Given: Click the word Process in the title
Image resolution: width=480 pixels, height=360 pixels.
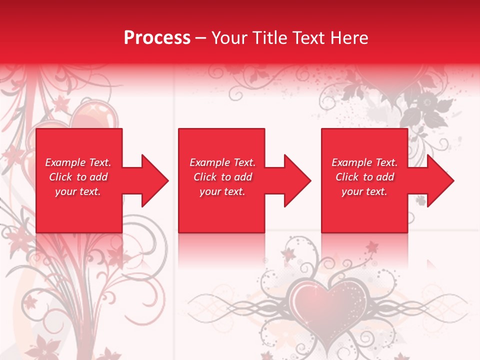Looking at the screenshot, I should click(157, 38).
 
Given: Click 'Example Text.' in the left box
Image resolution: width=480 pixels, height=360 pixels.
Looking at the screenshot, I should click(78, 162).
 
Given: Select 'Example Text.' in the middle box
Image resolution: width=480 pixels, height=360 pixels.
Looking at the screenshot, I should click(222, 162).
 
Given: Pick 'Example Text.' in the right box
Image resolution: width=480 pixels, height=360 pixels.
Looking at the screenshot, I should click(364, 162).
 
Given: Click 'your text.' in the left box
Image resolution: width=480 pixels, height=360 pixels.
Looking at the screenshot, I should click(78, 191).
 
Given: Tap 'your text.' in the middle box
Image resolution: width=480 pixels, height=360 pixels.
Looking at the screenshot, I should click(222, 191).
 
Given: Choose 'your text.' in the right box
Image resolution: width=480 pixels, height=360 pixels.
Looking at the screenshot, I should click(364, 191).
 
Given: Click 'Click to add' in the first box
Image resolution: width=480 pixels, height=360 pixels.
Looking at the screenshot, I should click(78, 177).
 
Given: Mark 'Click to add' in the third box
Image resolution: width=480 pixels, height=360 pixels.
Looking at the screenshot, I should click(364, 177).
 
